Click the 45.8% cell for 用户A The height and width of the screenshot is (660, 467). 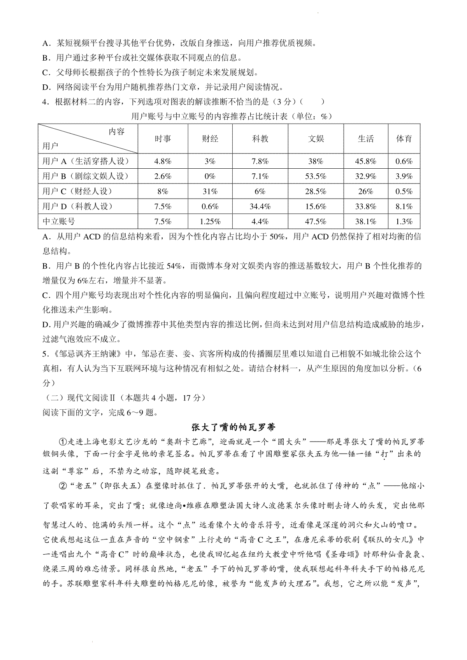(x=365, y=161)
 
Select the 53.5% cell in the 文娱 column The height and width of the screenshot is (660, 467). (x=316, y=176)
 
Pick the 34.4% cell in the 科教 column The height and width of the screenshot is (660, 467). (x=260, y=207)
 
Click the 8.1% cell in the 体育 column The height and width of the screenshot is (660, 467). (x=404, y=207)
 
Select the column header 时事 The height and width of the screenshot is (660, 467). (x=163, y=139)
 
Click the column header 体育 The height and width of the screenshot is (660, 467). (x=404, y=139)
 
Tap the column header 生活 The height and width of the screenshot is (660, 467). (x=365, y=139)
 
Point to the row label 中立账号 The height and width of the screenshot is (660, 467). (x=59, y=222)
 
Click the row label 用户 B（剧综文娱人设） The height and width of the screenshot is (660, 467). (x=85, y=176)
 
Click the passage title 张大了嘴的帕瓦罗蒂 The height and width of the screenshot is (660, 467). (x=233, y=427)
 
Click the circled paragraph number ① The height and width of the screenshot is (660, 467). (x=63, y=442)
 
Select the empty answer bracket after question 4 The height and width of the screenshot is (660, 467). (x=313, y=102)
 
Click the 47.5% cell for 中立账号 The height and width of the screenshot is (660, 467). (x=316, y=222)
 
